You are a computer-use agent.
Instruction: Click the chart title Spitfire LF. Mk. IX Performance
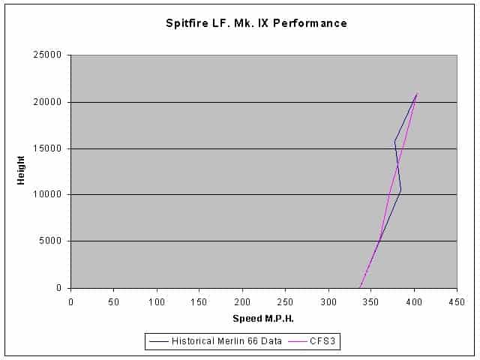[x=256, y=23]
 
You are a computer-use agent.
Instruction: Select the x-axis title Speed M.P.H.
[x=263, y=319]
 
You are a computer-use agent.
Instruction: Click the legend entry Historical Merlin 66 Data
[x=232, y=341]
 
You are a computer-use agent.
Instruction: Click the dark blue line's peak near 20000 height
[x=417, y=94]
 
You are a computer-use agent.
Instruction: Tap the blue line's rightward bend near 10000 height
[x=401, y=190]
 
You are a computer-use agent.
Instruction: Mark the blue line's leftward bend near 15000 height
[x=394, y=140]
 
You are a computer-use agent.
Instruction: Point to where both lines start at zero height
[x=361, y=287]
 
